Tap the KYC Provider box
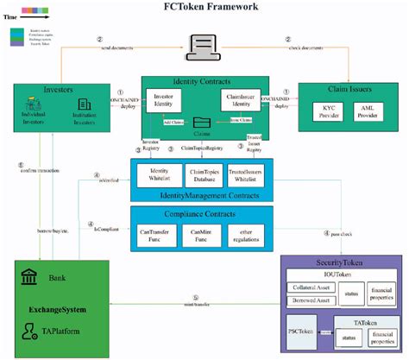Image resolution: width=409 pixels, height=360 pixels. tap(326, 113)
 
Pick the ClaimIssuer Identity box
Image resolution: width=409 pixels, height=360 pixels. tap(241, 100)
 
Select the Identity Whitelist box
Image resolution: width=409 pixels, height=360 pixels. tap(158, 176)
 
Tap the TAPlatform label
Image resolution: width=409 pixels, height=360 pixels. tap(60, 329)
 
